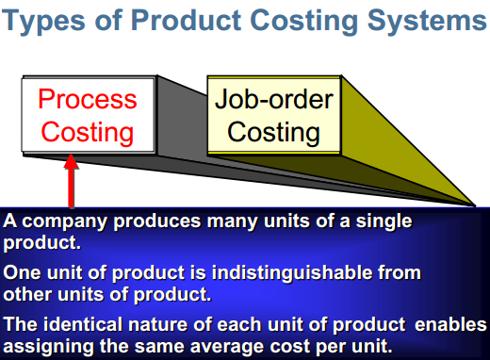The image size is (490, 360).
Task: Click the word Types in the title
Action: [43, 21]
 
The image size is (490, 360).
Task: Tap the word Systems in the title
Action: [427, 21]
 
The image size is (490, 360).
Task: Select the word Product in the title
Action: [186, 20]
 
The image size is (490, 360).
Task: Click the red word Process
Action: [88, 99]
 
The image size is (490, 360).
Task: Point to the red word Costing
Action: [88, 133]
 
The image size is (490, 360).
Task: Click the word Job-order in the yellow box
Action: [274, 99]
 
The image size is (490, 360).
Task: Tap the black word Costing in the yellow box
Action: [273, 133]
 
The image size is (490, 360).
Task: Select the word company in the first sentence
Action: [65, 222]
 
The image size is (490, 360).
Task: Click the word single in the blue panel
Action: [384, 222]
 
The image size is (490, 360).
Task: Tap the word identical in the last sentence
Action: [83, 324]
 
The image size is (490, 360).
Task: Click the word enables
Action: [450, 325]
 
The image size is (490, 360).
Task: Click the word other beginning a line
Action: [27, 295]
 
